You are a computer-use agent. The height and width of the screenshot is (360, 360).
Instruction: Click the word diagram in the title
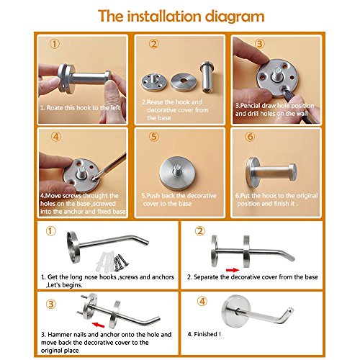(x=235, y=17)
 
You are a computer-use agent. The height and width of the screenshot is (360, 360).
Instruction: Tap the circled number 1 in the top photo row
(x=55, y=44)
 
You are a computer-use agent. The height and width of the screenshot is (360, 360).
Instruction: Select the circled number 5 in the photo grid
(x=154, y=137)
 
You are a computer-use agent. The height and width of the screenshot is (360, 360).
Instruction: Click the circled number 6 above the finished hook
(x=250, y=137)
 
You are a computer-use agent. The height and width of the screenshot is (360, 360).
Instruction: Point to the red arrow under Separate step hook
(x=233, y=270)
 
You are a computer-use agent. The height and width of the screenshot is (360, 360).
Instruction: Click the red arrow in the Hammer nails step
(x=99, y=325)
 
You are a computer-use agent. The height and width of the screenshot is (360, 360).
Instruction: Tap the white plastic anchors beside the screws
(x=104, y=260)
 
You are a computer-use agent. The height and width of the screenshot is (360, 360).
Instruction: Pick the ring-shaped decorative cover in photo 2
(x=184, y=82)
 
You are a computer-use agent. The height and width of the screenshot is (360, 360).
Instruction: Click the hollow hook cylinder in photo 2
(x=207, y=77)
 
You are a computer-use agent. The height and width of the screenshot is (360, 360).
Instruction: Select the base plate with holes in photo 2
(x=153, y=82)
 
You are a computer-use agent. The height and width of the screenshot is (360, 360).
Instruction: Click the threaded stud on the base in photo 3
(x=276, y=74)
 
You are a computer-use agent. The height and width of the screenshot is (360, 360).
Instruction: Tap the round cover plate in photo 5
(x=178, y=173)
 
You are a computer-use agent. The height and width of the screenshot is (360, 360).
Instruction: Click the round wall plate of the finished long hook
(x=236, y=311)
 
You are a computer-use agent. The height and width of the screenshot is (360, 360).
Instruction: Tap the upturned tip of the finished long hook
(x=290, y=311)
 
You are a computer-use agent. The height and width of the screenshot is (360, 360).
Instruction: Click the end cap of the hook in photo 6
(x=292, y=171)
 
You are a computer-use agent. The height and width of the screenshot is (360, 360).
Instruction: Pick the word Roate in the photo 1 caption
(x=55, y=108)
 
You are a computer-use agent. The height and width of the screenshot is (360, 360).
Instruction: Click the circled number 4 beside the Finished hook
(x=202, y=302)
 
